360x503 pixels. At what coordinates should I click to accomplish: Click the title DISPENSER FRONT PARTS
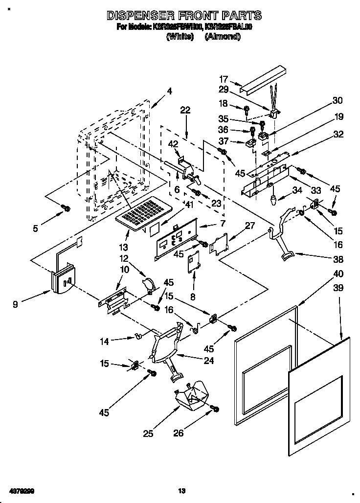click(184, 16)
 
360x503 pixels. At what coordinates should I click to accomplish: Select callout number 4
click(169, 91)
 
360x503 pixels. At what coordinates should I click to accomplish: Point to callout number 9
click(17, 304)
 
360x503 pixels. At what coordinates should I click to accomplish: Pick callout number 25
click(148, 433)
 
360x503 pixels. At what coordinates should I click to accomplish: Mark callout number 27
click(250, 226)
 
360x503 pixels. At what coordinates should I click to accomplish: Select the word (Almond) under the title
click(223, 37)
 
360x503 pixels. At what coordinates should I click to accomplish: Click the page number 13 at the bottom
click(181, 490)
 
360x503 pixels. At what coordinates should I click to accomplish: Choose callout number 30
click(337, 101)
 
